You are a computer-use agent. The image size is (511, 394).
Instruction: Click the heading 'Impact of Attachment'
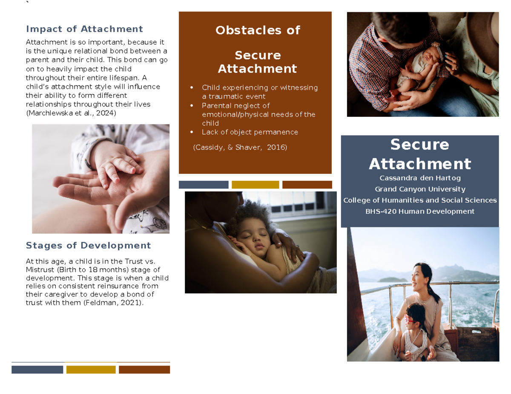(x=84, y=29)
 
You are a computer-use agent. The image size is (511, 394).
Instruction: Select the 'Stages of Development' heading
(x=88, y=245)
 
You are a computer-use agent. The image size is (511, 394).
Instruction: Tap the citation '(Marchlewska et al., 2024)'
(x=71, y=113)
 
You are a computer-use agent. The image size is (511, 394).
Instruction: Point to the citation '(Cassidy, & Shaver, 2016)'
(x=240, y=147)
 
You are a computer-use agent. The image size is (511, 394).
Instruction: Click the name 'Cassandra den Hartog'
(x=419, y=178)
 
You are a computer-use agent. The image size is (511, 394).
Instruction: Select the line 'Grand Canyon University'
(x=419, y=189)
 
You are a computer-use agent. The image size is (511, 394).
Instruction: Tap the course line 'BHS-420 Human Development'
(x=419, y=211)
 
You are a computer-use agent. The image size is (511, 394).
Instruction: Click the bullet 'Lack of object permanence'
(x=250, y=132)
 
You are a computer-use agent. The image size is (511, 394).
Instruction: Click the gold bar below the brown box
(x=255, y=184)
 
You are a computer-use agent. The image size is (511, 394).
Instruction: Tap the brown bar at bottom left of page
(x=144, y=369)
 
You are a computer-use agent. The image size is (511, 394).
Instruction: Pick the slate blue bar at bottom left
(x=37, y=369)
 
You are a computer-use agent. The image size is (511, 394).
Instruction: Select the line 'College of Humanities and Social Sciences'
(x=419, y=200)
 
